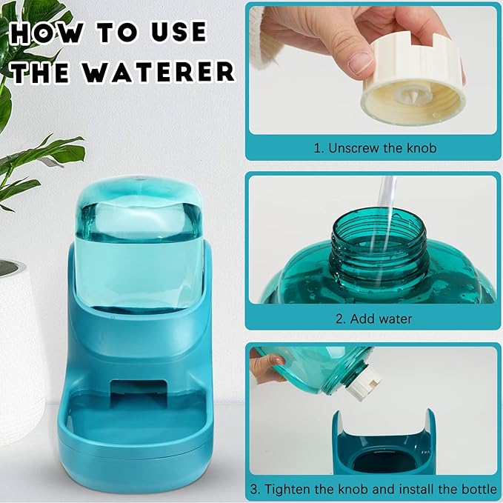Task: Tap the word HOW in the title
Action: pyautogui.click(x=46, y=32)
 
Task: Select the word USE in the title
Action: pyautogui.click(x=179, y=32)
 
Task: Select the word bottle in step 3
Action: pyautogui.click(x=479, y=489)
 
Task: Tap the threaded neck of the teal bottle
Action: pyautogui.click(x=379, y=245)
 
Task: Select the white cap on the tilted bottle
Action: pyautogui.click(x=364, y=383)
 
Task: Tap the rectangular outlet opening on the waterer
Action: pyautogui.click(x=139, y=392)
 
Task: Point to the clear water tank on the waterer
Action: pyautogui.click(x=139, y=244)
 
